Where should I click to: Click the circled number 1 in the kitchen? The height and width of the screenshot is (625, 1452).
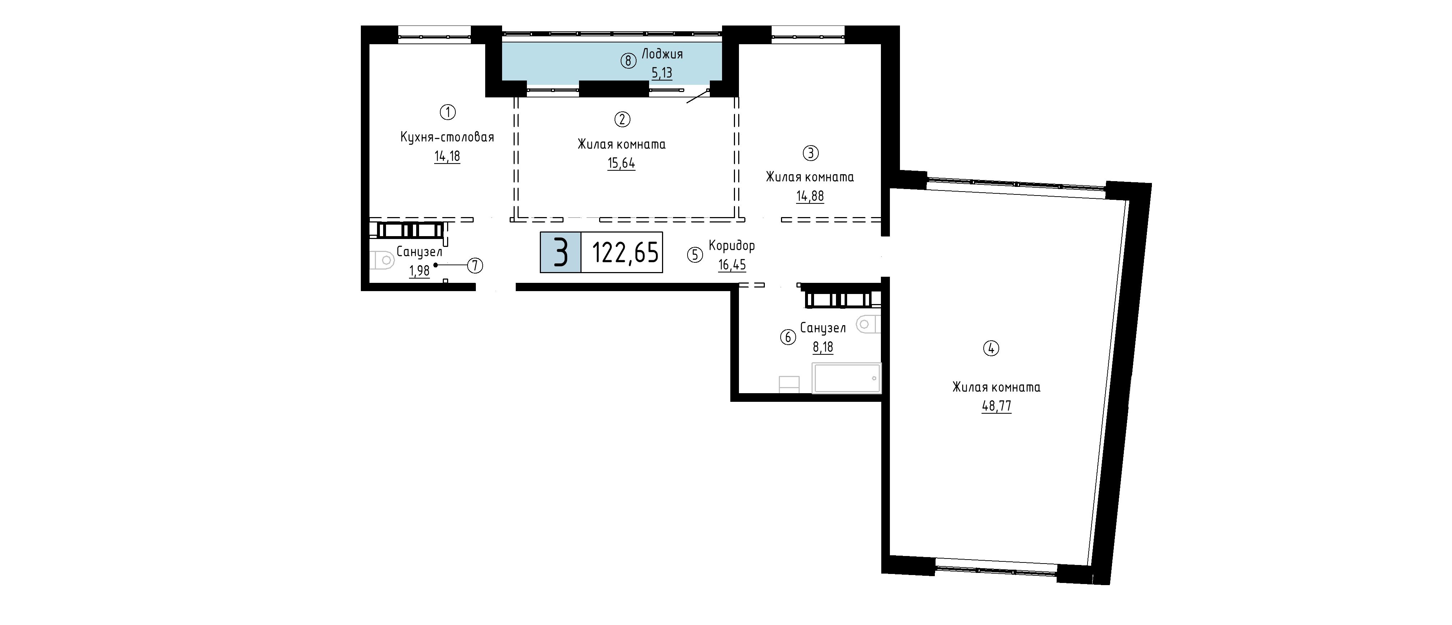pyautogui.click(x=447, y=112)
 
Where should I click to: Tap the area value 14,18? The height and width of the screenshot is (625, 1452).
pyautogui.click(x=447, y=156)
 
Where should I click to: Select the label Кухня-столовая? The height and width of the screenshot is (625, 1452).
pyautogui.click(x=447, y=137)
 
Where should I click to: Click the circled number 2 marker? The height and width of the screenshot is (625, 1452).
pyautogui.click(x=622, y=119)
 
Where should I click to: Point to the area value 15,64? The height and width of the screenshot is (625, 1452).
pyautogui.click(x=621, y=164)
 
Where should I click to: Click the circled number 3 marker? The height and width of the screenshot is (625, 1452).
pyautogui.click(x=810, y=153)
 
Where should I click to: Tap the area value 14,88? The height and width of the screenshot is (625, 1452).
pyautogui.click(x=810, y=196)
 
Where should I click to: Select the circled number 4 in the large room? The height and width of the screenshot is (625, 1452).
pyautogui.click(x=991, y=348)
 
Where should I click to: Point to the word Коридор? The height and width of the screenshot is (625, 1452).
pyautogui.click(x=732, y=246)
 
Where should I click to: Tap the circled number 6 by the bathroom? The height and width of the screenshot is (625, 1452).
pyautogui.click(x=787, y=337)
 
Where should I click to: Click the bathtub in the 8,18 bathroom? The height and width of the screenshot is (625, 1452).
pyautogui.click(x=846, y=378)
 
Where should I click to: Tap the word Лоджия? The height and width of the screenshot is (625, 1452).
pyautogui.click(x=662, y=54)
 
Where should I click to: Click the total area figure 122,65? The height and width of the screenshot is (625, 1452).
pyautogui.click(x=625, y=252)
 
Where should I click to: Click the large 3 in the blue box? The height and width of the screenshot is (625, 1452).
pyautogui.click(x=560, y=252)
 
